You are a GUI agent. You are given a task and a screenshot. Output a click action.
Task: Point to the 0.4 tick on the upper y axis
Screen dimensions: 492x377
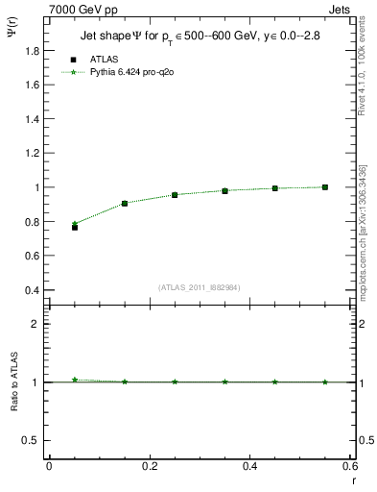(35, 290)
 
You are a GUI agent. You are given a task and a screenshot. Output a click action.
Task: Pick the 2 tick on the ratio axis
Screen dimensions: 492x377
(38, 324)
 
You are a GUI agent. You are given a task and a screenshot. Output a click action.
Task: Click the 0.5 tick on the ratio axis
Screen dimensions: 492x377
(34, 440)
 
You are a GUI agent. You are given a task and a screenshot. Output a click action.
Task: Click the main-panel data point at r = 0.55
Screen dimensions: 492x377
(325, 187)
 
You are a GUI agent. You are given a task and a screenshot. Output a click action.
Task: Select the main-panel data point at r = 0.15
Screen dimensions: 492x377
(125, 204)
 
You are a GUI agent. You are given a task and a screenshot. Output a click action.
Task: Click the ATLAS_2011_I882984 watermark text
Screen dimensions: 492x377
(200, 286)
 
